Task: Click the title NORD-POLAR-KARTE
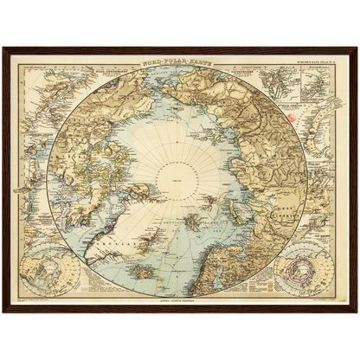tap(179, 63)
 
